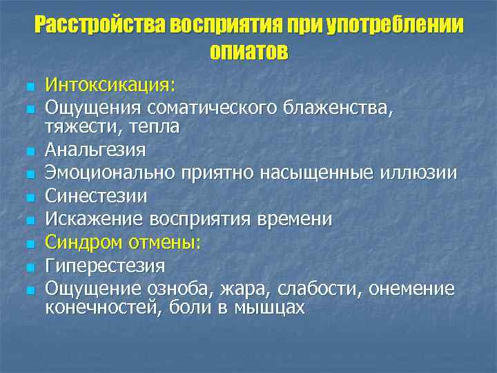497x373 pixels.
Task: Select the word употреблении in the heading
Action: coord(395,26)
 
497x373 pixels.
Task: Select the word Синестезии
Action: coord(96,196)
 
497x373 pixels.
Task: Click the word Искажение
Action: coord(86,219)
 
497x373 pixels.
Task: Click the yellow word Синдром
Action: coord(83,242)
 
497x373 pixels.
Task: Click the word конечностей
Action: coord(101,307)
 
